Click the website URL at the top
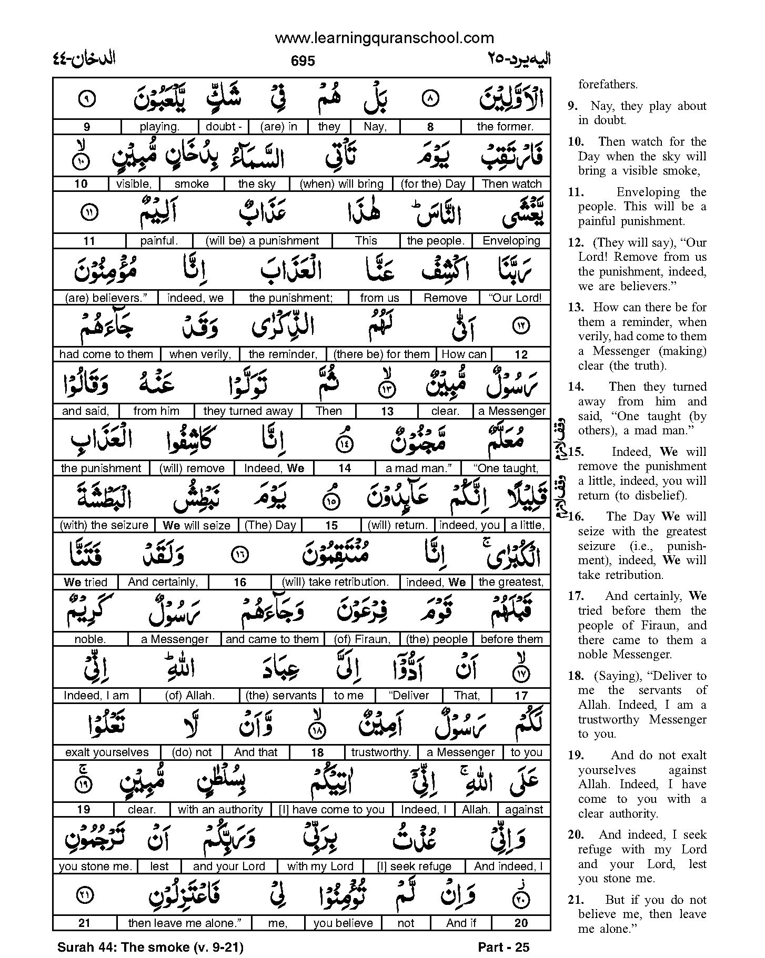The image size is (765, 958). pyautogui.click(x=384, y=38)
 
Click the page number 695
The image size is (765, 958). pyautogui.click(x=303, y=61)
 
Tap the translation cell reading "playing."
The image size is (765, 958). pyautogui.click(x=159, y=127)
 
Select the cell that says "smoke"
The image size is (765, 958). pyautogui.click(x=192, y=184)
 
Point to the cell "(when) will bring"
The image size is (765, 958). pyautogui.click(x=341, y=184)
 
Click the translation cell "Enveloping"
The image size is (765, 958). pyautogui.click(x=511, y=241)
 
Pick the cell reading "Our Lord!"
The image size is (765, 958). pyautogui.click(x=515, y=298)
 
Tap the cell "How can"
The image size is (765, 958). pyautogui.click(x=464, y=354)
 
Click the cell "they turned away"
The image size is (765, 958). pyautogui.click(x=248, y=411)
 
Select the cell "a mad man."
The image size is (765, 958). pyautogui.click(x=419, y=468)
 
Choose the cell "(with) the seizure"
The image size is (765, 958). pyautogui.click(x=104, y=525)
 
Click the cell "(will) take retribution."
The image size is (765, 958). pyautogui.click(x=335, y=582)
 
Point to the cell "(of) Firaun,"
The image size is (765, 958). pyautogui.click(x=363, y=639)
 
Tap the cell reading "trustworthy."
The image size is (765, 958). pyautogui.click(x=381, y=752)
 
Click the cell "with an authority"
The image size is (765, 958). pyautogui.click(x=220, y=810)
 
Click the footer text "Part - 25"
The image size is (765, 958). pyautogui.click(x=504, y=947)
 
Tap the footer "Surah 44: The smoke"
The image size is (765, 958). pyautogui.click(x=150, y=947)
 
